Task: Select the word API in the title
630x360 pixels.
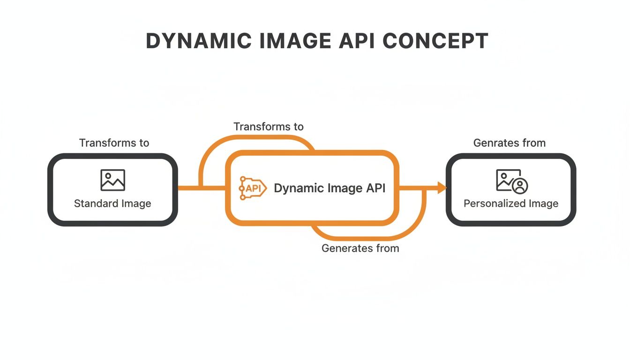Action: click(x=358, y=41)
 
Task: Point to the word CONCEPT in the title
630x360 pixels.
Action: click(x=435, y=41)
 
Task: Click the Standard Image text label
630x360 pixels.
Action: click(x=112, y=203)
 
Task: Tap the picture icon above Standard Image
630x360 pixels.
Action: click(x=112, y=180)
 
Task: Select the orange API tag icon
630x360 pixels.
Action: click(x=252, y=188)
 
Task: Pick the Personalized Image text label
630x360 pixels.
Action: click(x=511, y=203)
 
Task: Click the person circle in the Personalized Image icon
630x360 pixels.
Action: click(x=519, y=186)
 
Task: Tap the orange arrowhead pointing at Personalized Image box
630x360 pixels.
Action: click(x=442, y=188)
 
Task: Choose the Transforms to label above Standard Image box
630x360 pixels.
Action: click(x=114, y=143)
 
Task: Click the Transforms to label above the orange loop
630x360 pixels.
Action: click(x=269, y=127)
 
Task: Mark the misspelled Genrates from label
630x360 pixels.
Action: click(x=510, y=143)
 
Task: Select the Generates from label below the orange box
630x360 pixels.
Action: click(x=360, y=248)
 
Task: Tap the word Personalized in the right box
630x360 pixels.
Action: click(x=494, y=203)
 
